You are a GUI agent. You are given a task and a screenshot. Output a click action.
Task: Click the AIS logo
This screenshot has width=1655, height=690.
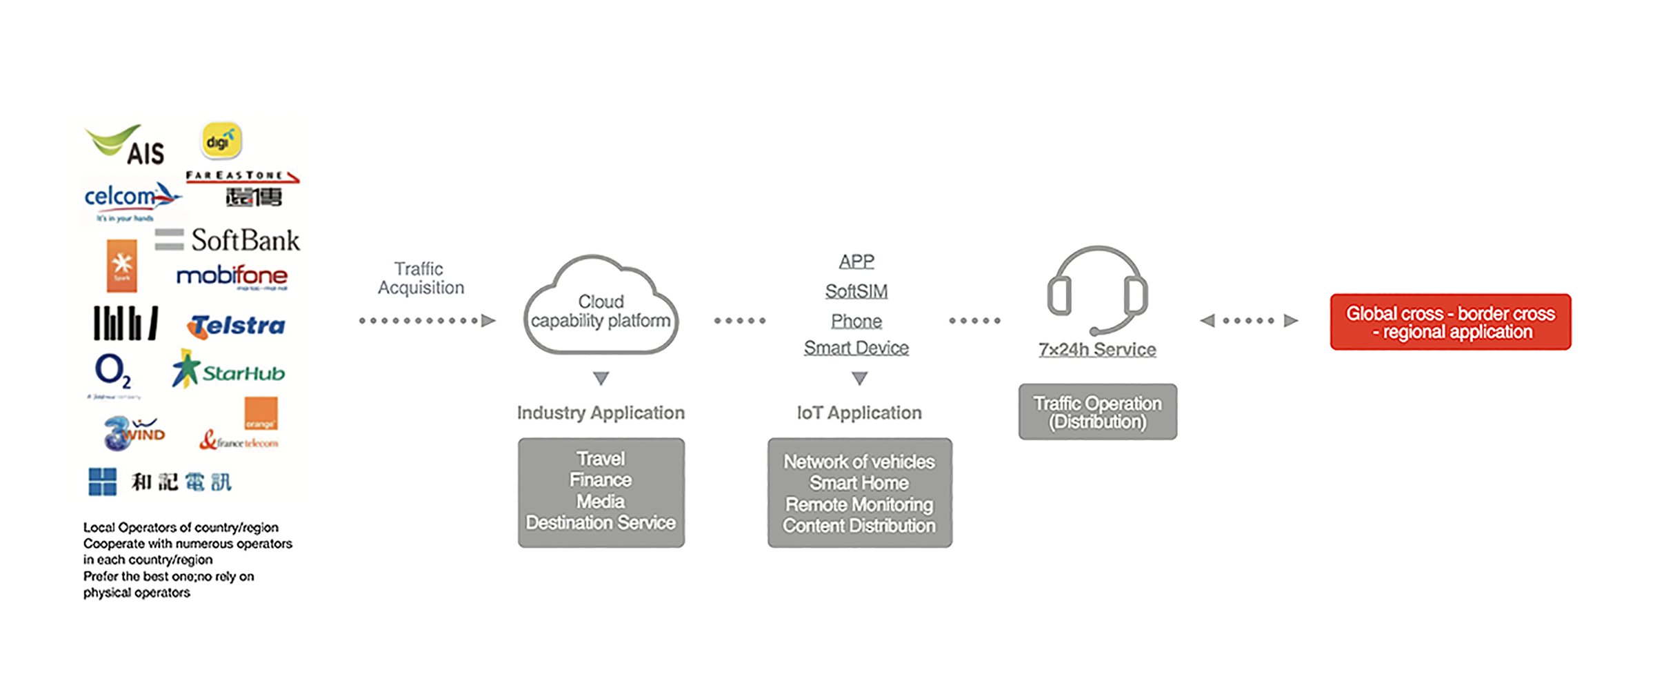click(126, 145)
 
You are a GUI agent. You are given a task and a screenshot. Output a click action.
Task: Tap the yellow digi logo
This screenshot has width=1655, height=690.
click(221, 141)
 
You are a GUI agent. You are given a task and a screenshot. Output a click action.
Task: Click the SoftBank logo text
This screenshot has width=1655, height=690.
click(245, 240)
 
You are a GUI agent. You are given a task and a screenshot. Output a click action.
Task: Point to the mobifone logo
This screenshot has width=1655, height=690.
click(232, 277)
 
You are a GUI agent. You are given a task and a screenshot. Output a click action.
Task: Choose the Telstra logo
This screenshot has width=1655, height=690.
click(236, 326)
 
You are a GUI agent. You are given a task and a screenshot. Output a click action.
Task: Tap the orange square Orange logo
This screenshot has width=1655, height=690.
click(261, 413)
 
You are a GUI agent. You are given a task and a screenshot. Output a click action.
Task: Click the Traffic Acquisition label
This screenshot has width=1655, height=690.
click(421, 278)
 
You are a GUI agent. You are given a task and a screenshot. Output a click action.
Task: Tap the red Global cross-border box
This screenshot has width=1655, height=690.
click(1450, 322)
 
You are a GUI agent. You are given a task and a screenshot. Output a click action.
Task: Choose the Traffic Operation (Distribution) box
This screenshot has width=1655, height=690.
click(1097, 412)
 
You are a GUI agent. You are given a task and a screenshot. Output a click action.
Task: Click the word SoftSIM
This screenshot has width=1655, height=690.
click(856, 291)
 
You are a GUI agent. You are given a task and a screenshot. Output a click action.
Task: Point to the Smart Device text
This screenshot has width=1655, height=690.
click(856, 348)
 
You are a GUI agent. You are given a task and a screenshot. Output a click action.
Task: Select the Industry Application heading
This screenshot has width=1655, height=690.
click(601, 413)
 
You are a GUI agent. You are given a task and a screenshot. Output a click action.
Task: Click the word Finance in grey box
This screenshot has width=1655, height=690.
click(601, 480)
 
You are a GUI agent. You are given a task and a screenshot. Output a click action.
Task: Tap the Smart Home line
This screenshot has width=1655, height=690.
click(859, 483)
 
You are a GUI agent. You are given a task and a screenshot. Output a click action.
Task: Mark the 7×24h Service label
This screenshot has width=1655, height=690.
click(1097, 350)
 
